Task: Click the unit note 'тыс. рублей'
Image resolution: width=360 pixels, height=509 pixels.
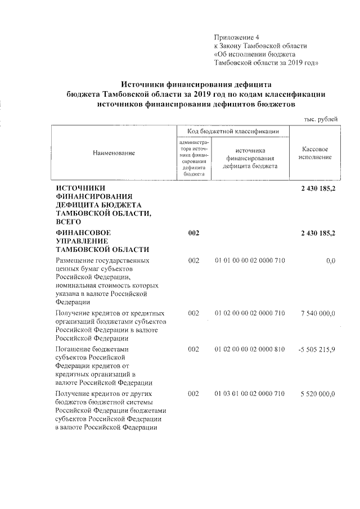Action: [321, 119]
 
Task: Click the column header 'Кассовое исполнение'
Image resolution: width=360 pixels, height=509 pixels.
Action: [315, 152]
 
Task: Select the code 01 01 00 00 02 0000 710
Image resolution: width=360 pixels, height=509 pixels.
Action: [250, 261]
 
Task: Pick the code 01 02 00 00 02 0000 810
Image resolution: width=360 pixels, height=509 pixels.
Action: [250, 349]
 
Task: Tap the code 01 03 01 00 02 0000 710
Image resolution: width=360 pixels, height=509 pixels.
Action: [250, 393]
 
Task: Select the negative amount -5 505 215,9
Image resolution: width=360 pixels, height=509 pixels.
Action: [316, 349]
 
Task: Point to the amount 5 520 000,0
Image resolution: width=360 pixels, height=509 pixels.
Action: [316, 393]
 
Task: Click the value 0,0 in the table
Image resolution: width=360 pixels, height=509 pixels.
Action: [330, 261]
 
